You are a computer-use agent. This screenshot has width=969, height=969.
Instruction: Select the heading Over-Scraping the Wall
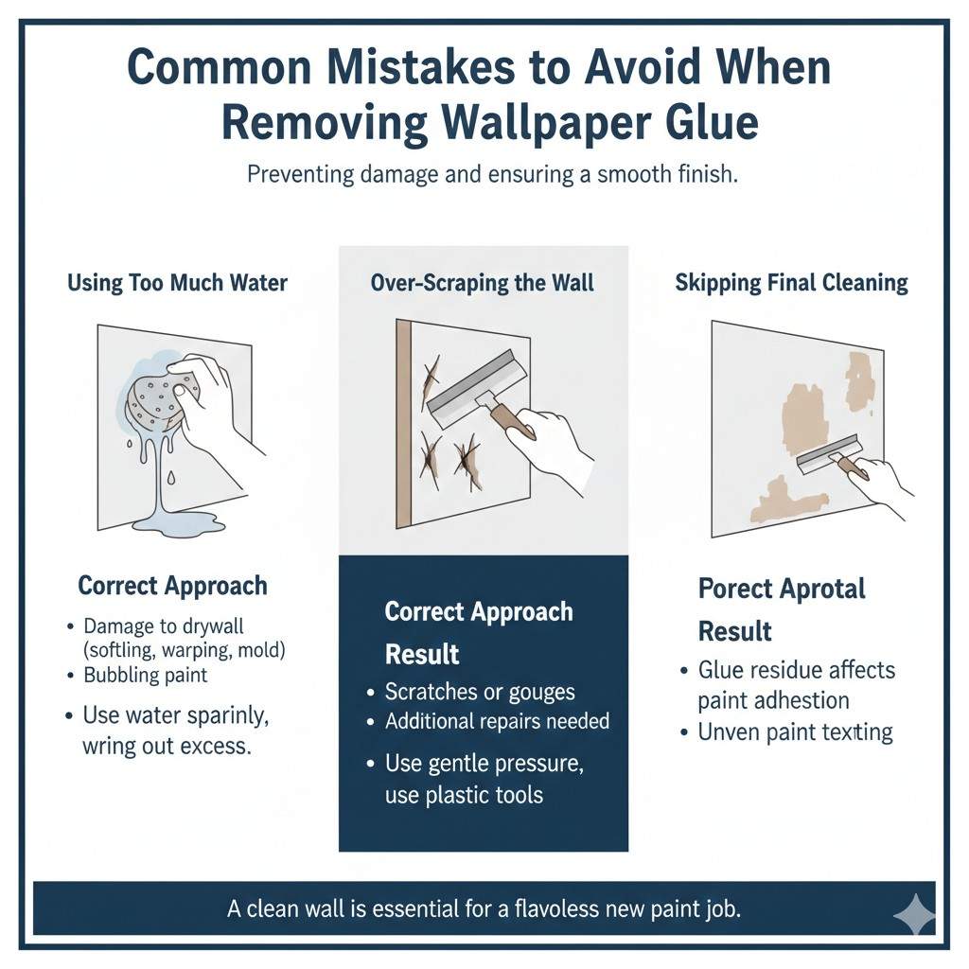(483, 283)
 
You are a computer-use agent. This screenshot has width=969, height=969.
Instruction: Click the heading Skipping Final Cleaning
(791, 283)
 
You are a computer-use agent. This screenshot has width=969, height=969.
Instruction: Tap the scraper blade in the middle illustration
(471, 386)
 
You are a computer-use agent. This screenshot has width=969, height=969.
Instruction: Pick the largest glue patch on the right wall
(806, 415)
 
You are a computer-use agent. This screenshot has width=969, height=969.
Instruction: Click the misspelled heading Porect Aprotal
(782, 589)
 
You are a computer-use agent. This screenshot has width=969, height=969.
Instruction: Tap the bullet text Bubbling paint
(145, 676)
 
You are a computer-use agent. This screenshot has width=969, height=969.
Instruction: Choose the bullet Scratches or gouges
(480, 691)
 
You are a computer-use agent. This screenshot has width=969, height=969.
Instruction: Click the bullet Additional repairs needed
(497, 721)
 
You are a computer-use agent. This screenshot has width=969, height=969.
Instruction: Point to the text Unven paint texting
(795, 731)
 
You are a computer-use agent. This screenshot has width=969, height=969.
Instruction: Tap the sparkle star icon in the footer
(914, 914)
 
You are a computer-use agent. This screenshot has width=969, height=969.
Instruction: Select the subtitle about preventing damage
(490, 175)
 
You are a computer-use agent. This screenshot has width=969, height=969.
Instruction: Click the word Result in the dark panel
(422, 654)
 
